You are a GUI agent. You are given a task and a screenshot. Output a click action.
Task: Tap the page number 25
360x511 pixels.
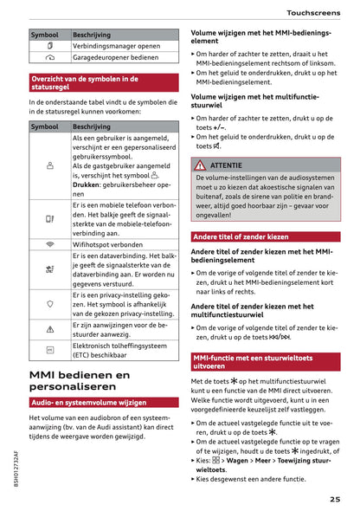pyautogui.click(x=334, y=498)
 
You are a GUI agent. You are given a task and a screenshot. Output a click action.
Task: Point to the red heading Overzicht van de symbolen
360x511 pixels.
pyautogui.click(x=82, y=83)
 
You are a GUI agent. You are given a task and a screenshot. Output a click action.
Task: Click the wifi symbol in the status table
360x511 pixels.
pyautogui.click(x=48, y=245)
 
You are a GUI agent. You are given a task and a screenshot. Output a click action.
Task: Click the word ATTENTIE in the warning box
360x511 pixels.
pyautogui.click(x=226, y=165)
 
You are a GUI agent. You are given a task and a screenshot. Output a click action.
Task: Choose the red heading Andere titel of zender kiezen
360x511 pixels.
pyautogui.click(x=241, y=236)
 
